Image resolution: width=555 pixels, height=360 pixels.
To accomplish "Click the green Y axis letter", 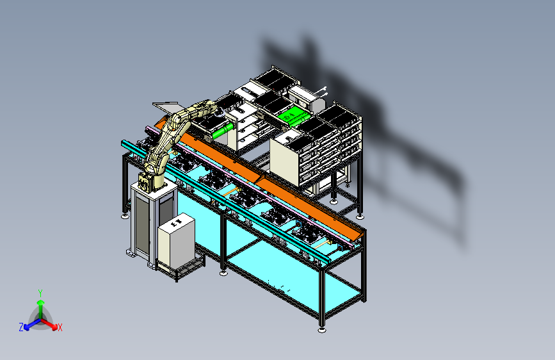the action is (40, 293).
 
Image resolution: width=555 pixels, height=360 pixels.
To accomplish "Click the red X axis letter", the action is (60, 327).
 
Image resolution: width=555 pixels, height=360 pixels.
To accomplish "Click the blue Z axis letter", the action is (21, 327).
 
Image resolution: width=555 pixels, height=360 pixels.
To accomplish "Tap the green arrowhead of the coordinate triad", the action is (41, 302).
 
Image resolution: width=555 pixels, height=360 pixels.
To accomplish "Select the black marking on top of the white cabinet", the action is (176, 222).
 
